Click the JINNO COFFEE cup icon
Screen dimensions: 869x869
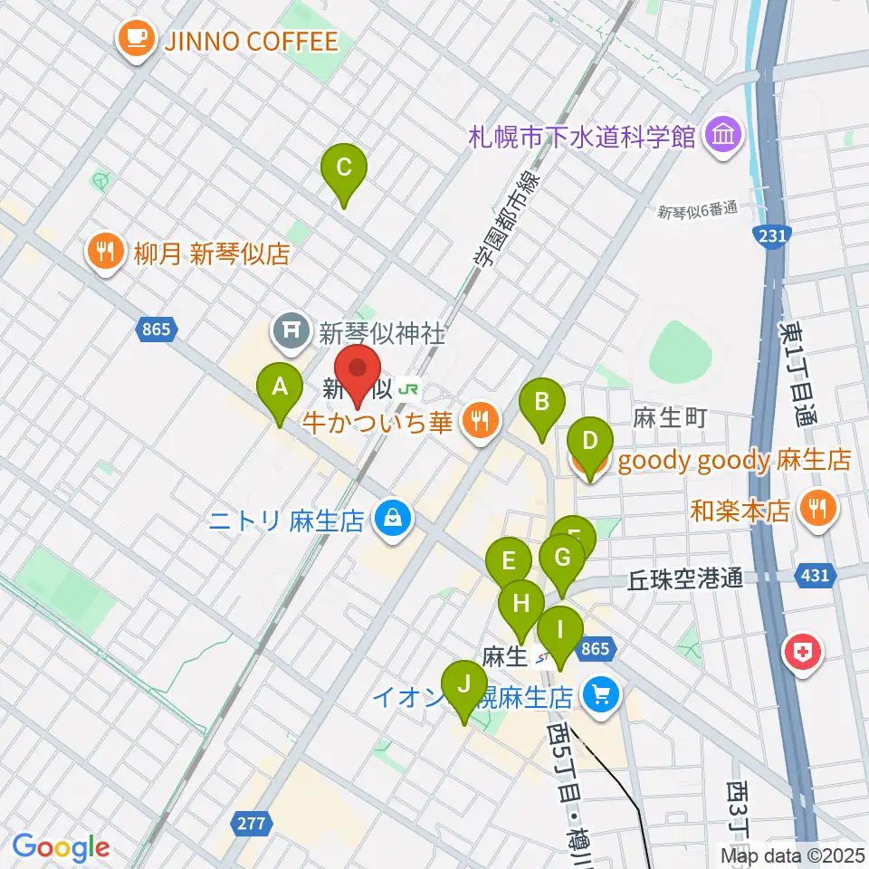coord(135,40)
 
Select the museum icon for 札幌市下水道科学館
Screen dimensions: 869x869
coord(724,138)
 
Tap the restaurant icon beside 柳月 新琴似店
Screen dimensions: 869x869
coord(106,253)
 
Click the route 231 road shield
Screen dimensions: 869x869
coord(769,235)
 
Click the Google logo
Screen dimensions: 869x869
coord(61,847)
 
